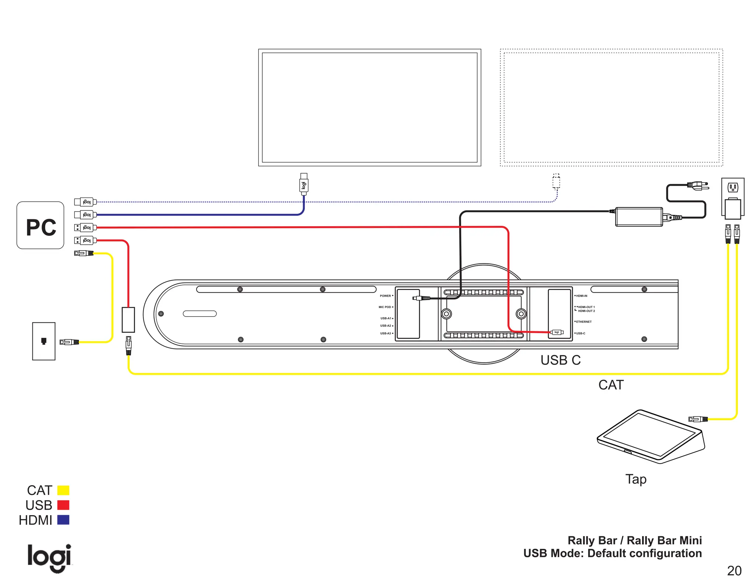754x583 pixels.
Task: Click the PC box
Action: [x=40, y=225]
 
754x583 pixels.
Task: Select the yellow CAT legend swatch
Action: [x=63, y=490]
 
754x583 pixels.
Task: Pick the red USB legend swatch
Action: [x=63, y=505]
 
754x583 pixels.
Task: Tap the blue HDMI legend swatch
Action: [x=63, y=520]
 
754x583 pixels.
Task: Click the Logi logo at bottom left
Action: [x=49, y=558]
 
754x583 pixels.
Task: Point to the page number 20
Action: [x=734, y=571]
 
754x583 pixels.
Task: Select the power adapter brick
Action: [x=639, y=217]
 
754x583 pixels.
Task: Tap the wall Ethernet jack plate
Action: [x=44, y=341]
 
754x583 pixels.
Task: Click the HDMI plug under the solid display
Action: [x=304, y=184]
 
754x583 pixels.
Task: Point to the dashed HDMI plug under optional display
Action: [x=556, y=181]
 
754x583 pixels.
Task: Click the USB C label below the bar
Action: [x=560, y=360]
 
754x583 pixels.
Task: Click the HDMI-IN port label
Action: [x=581, y=296]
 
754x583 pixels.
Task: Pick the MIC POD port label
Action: [x=385, y=307]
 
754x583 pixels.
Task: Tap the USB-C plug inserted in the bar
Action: [x=557, y=332]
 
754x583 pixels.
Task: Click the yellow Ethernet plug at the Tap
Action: [x=698, y=419]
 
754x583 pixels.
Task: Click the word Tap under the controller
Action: [x=636, y=479]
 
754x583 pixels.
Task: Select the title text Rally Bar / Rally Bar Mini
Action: [x=634, y=540]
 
